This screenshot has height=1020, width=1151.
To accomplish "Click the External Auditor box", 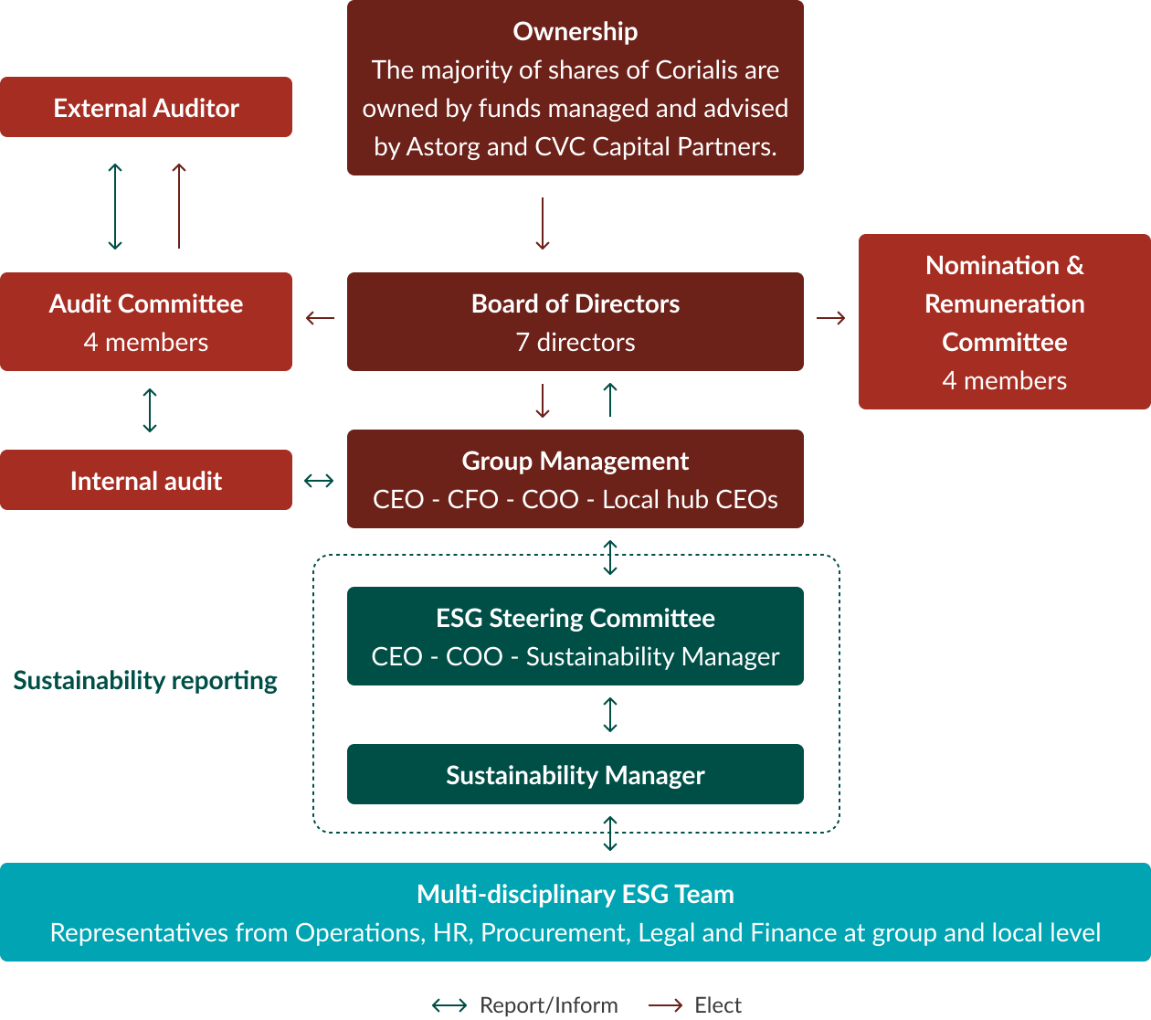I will point(146,108).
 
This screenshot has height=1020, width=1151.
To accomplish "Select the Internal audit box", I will point(146,481).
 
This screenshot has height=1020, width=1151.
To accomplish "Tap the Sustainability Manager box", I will point(575,775).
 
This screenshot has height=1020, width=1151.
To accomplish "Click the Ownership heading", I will point(575,31).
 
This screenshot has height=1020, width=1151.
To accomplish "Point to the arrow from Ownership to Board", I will point(543,224).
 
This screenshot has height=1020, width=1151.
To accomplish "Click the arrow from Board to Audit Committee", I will point(320,318).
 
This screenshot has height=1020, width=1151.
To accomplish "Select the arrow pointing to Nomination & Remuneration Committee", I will point(830,318).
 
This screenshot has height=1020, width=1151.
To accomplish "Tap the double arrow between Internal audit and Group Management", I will point(319,481).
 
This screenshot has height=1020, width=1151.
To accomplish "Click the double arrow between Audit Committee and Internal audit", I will point(150,410).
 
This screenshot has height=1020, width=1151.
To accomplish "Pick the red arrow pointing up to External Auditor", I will point(179,206).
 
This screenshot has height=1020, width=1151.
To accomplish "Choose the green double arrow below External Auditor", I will point(115,207).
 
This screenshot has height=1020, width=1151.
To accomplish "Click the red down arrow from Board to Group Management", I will point(543,400).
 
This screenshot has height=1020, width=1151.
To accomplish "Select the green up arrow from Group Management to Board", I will point(610,400).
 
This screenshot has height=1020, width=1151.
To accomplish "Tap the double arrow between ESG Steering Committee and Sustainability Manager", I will point(610,715).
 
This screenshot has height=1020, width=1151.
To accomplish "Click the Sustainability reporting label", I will point(145,681).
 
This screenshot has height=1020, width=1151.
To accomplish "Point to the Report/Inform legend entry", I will point(525,1005).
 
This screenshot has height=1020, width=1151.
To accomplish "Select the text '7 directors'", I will point(575,343).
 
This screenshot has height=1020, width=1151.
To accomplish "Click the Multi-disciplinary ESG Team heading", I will point(575,894).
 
